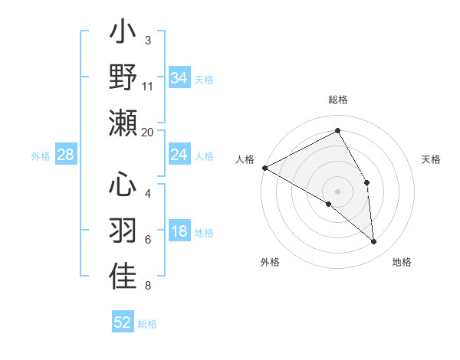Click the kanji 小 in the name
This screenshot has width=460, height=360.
pyautogui.click(x=123, y=34)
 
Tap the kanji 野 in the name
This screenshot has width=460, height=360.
pyautogui.click(x=123, y=78)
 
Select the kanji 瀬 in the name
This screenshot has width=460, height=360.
pyautogui.click(x=123, y=123)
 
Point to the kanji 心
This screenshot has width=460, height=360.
pyautogui.click(x=123, y=185)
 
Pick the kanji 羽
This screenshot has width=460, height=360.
pyautogui.click(x=123, y=230)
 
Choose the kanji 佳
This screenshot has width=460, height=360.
pyautogui.click(x=123, y=276)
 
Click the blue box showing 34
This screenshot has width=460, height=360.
pyautogui.click(x=179, y=78)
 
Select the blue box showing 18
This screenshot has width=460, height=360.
pyautogui.click(x=179, y=232)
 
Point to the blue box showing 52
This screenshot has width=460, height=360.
pyautogui.click(x=123, y=322)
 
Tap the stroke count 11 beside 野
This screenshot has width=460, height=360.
pyautogui.click(x=148, y=86)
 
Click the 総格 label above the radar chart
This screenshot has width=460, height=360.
pyautogui.click(x=338, y=100)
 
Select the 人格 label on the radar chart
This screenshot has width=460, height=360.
pyautogui.click(x=245, y=159)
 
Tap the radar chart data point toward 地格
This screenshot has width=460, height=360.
pyautogui.click(x=374, y=242)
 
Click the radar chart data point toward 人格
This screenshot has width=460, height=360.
pyautogui.click(x=264, y=167)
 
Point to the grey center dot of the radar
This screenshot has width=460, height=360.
pyautogui.click(x=338, y=191)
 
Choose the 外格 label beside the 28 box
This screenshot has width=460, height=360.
pyautogui.click(x=41, y=156)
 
